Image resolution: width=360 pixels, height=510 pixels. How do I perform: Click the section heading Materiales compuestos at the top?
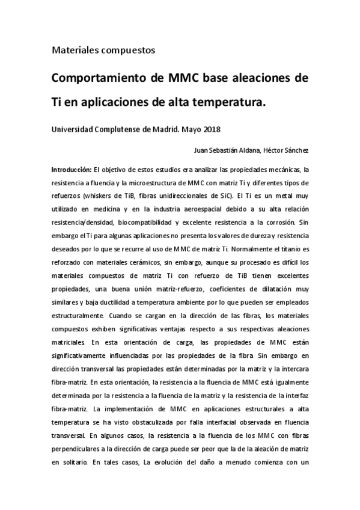click(x=103, y=50)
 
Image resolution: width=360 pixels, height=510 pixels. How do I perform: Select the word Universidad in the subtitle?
click(x=75, y=129)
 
